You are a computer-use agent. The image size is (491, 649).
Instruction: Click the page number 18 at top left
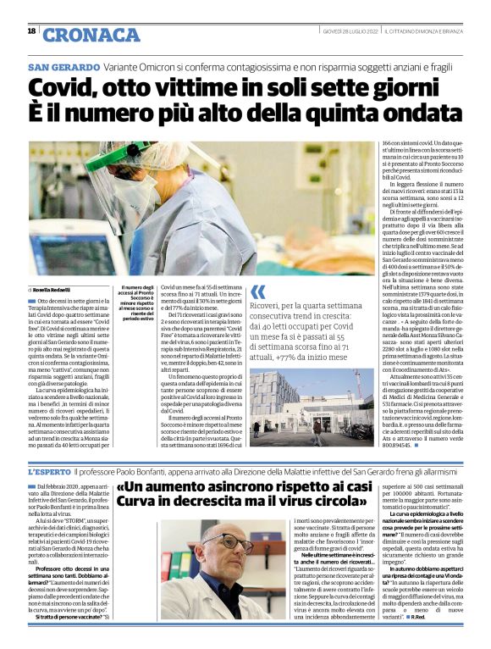point(31,31)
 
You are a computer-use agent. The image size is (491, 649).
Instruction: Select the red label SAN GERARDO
point(63,66)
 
